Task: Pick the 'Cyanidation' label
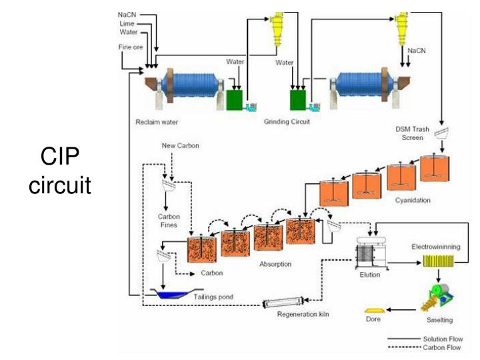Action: point(412,199)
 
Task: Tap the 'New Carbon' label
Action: point(180,145)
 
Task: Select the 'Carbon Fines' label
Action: point(169,221)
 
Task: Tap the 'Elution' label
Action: point(369,275)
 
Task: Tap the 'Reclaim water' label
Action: point(157,121)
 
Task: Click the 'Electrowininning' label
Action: point(435,247)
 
